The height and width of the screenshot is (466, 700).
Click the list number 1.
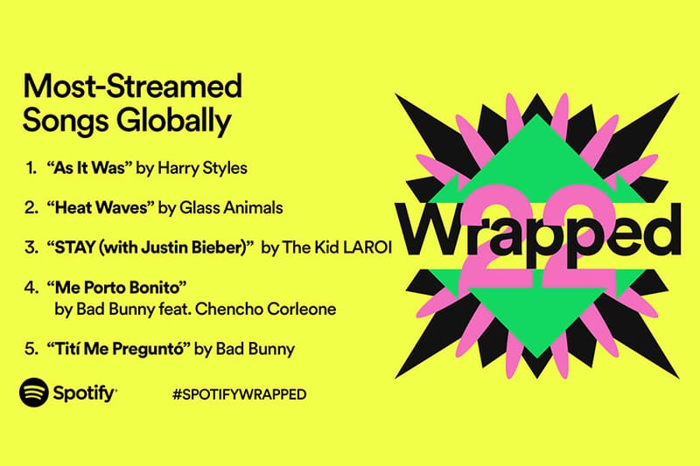[x=31, y=168]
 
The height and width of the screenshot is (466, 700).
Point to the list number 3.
[x=31, y=247]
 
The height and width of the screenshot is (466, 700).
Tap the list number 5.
[x=31, y=349]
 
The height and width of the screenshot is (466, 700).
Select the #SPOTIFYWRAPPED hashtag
[x=240, y=394]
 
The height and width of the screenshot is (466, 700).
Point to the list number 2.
[x=31, y=207]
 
